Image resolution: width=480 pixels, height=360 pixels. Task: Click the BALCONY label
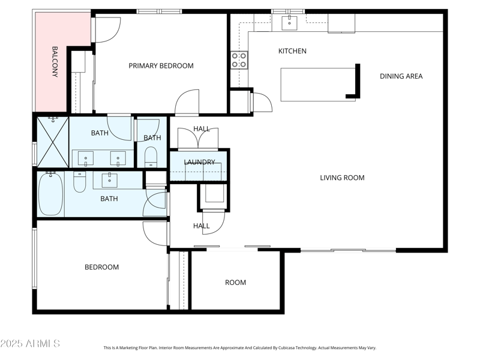(55, 62)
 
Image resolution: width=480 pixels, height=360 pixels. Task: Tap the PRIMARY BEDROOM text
(161, 66)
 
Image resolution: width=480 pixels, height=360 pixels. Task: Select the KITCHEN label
(292, 51)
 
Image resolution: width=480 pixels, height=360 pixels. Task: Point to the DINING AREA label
(401, 76)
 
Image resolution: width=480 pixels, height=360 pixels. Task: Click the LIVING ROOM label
(342, 178)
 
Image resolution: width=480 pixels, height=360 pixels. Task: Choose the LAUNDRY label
(199, 162)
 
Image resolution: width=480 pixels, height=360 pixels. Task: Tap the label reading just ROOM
(235, 283)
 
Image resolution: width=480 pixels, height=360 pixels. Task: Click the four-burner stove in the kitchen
(239, 59)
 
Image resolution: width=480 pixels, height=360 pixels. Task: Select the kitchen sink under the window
(290, 23)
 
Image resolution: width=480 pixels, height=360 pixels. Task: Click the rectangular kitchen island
(318, 84)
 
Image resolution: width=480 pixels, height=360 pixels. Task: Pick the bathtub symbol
(50, 193)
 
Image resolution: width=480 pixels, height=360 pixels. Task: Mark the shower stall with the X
(52, 140)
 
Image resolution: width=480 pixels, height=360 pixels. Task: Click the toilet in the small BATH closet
(150, 157)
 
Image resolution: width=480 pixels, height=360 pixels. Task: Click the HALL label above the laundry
(202, 129)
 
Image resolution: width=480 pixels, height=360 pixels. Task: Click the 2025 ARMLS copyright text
(30, 344)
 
